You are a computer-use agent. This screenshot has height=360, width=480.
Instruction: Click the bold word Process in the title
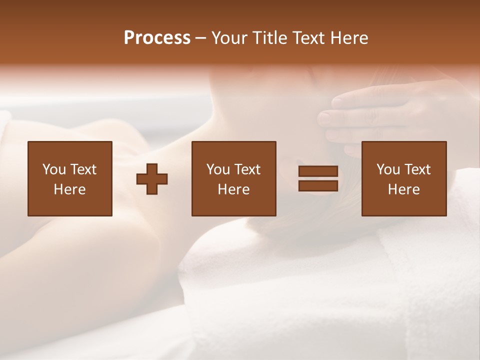click(x=157, y=38)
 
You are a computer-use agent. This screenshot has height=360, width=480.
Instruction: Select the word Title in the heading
click(x=270, y=38)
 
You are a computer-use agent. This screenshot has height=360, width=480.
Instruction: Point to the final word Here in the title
click(x=349, y=38)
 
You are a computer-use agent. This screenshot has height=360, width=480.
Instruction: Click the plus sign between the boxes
click(x=152, y=179)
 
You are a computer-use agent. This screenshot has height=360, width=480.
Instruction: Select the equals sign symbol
click(x=318, y=179)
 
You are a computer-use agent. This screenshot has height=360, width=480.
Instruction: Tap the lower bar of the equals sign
click(x=318, y=186)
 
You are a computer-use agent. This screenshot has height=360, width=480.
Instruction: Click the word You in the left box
click(x=54, y=169)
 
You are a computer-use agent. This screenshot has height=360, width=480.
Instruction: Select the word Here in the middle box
click(x=233, y=189)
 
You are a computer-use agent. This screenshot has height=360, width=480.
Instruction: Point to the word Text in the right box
click(x=416, y=169)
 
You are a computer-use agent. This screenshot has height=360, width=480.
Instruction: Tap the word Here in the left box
click(x=70, y=189)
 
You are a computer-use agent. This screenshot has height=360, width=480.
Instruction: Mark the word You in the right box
click(x=388, y=169)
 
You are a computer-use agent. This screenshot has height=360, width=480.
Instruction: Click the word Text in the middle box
click(x=247, y=169)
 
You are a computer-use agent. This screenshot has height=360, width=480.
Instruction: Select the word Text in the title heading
click(x=308, y=38)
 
